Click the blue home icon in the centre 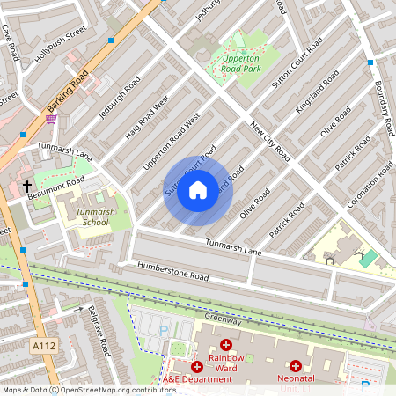point(198,189)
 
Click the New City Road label point(270,140)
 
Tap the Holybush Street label point(61,45)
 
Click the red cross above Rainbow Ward point(225,345)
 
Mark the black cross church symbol point(27,186)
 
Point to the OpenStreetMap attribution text point(77,390)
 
